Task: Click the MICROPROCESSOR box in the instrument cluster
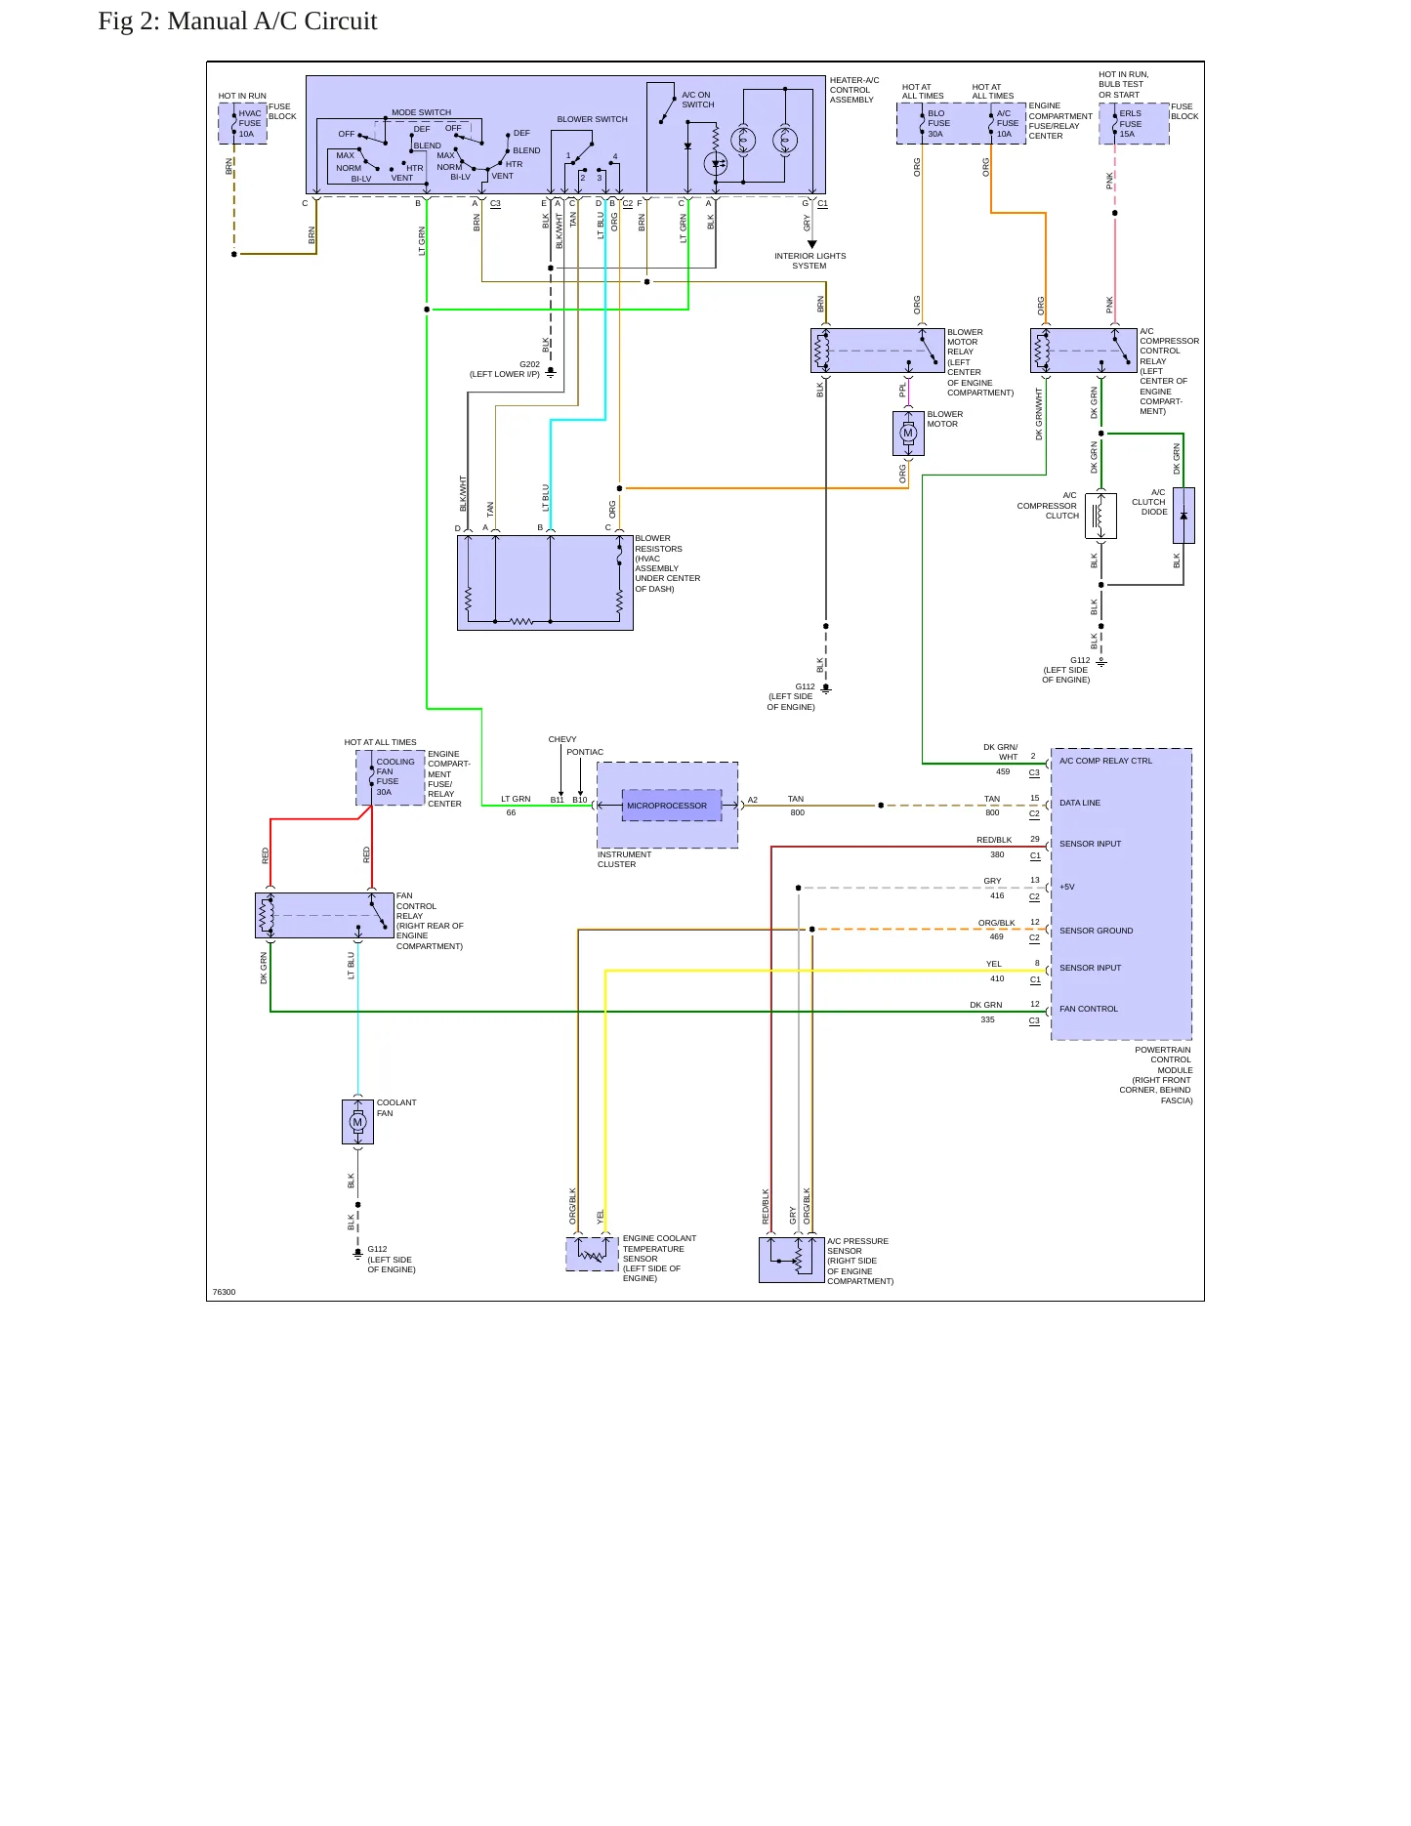672,806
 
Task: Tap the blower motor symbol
908,434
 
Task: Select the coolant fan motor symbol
357,1122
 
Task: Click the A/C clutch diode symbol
1183,516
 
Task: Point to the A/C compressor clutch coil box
1100,516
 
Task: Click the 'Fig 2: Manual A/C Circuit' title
237,21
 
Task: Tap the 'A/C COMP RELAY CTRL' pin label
1105,761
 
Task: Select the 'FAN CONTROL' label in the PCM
1089,1009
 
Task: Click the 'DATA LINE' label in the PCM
1080,803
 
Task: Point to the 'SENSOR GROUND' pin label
1097,931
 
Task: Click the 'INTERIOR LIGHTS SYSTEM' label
810,261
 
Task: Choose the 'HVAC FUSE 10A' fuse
243,124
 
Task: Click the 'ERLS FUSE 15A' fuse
1134,124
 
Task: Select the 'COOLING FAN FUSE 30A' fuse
391,777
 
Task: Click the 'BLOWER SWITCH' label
593,119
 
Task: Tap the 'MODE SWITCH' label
422,112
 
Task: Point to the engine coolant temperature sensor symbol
592,1254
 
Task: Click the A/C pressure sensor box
792,1260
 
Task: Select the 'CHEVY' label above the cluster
562,739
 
